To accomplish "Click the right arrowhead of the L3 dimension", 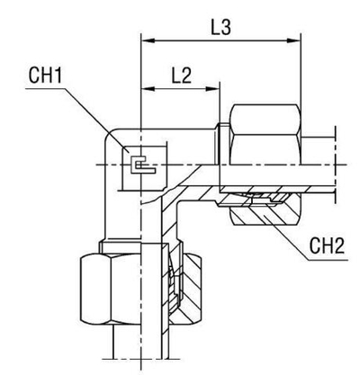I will click(294, 40).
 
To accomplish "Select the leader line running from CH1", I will click(99, 121).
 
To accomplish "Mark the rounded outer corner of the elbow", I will click(111, 135).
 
